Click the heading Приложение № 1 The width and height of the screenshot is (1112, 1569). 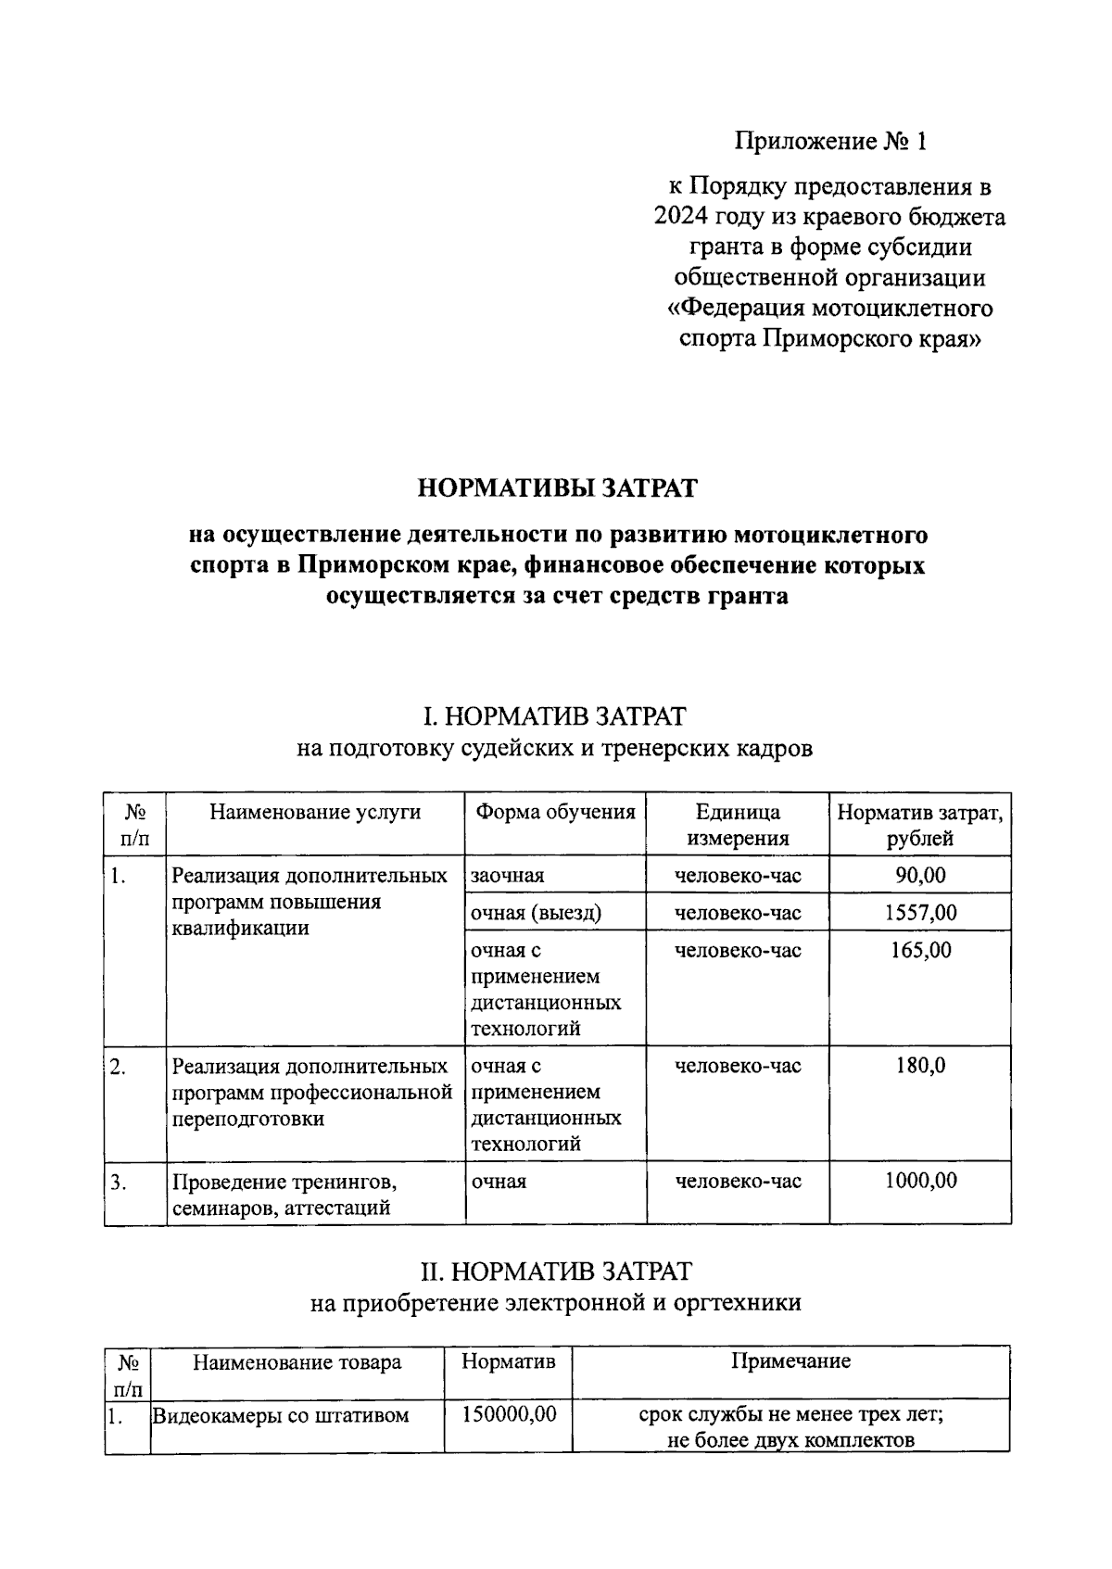829,141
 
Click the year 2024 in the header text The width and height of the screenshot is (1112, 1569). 684,217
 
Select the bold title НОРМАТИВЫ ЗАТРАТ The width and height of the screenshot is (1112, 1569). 556,487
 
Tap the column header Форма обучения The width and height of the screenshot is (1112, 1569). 555,813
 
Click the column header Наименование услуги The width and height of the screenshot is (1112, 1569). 315,813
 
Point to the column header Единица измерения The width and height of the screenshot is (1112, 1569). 738,825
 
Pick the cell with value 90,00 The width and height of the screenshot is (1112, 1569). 920,875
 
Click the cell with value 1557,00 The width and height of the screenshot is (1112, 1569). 920,912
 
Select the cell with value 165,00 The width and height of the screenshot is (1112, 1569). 920,950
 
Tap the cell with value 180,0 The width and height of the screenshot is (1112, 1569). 920,1066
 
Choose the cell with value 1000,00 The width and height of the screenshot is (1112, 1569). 920,1181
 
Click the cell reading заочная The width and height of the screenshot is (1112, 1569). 508,876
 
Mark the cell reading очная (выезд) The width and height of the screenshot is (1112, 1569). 536,913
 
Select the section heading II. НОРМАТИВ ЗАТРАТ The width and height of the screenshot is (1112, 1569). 555,1271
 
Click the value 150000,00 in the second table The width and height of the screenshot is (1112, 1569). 508,1414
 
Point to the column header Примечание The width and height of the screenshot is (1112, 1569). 790,1361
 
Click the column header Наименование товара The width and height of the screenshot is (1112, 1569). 297,1362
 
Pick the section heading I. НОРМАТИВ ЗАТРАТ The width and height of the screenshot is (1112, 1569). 555,716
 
